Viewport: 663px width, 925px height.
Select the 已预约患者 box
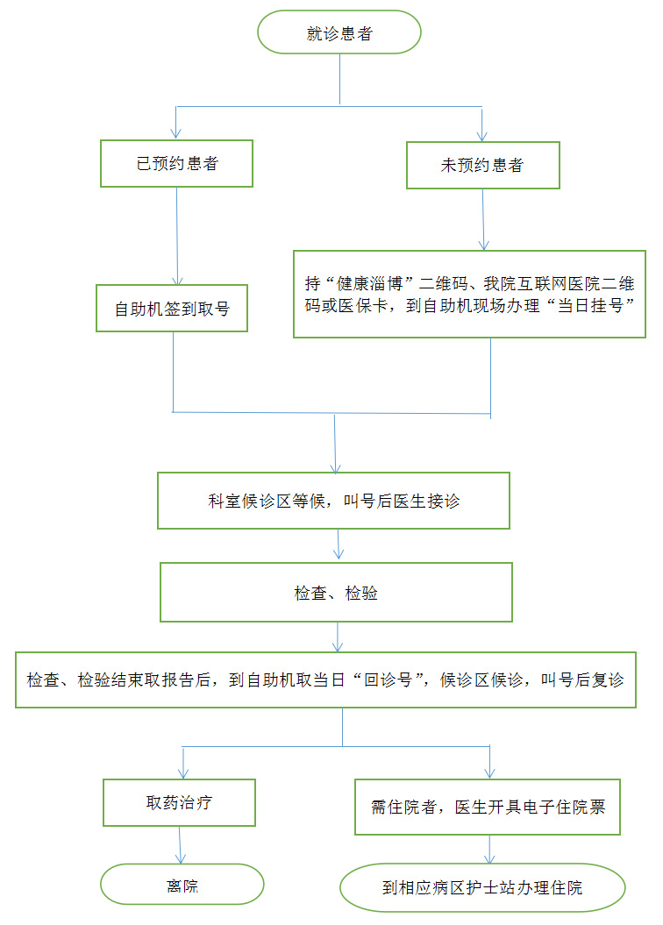176,164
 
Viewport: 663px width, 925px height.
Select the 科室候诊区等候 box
333,502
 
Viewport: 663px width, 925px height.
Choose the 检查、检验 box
336,594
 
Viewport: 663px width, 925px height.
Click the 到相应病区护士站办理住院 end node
482,888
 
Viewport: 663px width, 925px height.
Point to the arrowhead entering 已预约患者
176,132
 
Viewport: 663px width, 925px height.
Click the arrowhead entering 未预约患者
481,134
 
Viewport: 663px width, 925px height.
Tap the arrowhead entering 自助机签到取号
178,279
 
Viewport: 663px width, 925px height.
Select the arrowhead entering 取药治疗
182,772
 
